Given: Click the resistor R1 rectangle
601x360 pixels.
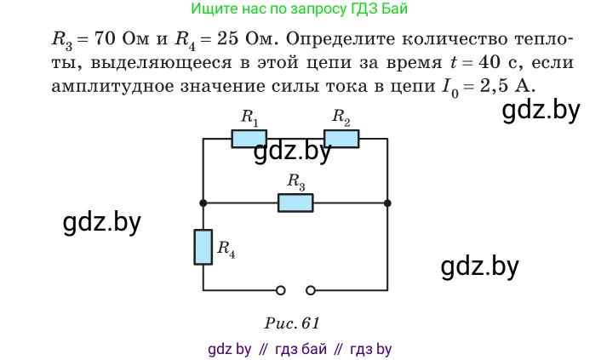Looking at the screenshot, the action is click(249, 139).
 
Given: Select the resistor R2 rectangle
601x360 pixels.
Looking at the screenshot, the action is click(341, 139).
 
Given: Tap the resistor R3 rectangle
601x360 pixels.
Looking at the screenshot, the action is click(295, 203).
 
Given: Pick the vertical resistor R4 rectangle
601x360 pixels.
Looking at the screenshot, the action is click(203, 248).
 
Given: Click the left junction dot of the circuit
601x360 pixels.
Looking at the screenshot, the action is click(203, 203).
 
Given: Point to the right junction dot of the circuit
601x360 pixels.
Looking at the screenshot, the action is click(387, 203).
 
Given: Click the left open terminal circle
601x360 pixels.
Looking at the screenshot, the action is click(281, 290).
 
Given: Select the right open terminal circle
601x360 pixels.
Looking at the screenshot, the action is click(311, 290).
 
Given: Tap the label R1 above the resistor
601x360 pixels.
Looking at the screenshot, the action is click(249, 117).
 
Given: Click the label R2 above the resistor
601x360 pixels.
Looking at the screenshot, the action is click(341, 117).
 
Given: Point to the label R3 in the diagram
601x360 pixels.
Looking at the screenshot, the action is click(296, 182).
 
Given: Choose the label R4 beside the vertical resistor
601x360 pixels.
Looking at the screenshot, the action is click(226, 249).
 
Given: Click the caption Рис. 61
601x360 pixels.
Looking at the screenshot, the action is click(292, 323).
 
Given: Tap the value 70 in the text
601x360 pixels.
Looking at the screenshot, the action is click(104, 38).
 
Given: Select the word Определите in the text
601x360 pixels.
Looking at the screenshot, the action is click(341, 38).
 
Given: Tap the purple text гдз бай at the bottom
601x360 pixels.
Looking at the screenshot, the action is click(300, 349).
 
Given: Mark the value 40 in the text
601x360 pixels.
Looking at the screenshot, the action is click(489, 62).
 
